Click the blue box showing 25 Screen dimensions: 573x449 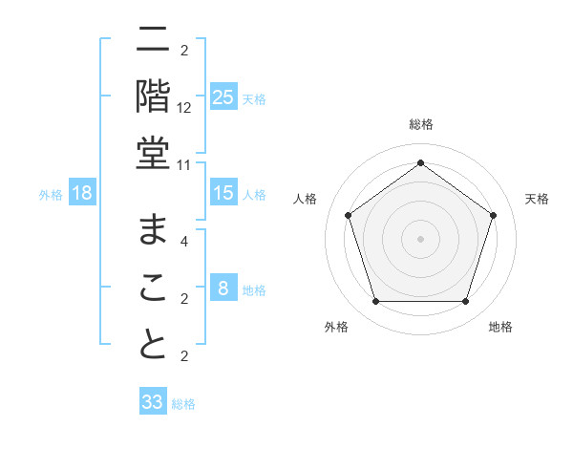click(x=223, y=96)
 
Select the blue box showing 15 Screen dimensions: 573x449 click(x=223, y=193)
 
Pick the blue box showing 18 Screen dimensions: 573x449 click(x=82, y=194)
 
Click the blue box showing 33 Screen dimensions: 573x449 click(x=153, y=402)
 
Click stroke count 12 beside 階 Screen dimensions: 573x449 click(x=184, y=108)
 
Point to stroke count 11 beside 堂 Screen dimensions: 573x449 click(x=184, y=164)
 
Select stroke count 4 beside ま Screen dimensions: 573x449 click(x=184, y=242)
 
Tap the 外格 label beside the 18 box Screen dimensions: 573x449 click(x=51, y=195)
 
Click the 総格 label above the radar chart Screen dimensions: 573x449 click(x=420, y=124)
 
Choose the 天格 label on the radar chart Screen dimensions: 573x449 click(x=537, y=199)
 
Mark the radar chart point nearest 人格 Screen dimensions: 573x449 click(x=348, y=215)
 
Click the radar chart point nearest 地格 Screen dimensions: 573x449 click(x=465, y=302)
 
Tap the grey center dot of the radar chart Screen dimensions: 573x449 click(x=420, y=238)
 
